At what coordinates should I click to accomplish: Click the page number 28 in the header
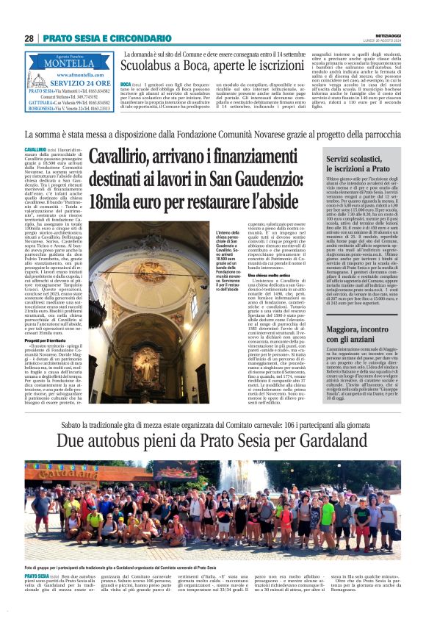click(x=29, y=37)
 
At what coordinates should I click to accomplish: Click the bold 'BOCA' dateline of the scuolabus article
click(x=126, y=85)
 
